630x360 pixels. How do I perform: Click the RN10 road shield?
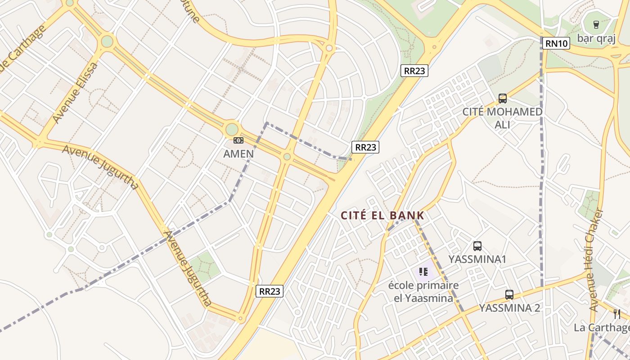pyautogui.click(x=556, y=43)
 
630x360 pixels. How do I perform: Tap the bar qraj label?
pyautogui.click(x=596, y=38)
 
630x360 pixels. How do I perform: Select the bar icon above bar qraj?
pyautogui.click(x=596, y=25)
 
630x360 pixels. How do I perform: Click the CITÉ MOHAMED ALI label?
pyautogui.click(x=503, y=118)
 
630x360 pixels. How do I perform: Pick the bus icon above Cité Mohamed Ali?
pyautogui.click(x=503, y=98)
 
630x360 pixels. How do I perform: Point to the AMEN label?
pyautogui.click(x=238, y=153)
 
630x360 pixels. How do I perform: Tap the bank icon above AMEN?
pyautogui.click(x=238, y=141)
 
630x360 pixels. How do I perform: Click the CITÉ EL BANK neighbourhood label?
pyautogui.click(x=382, y=216)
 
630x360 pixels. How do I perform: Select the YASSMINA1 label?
pyautogui.click(x=477, y=259)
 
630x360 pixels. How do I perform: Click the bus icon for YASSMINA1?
pyautogui.click(x=477, y=246)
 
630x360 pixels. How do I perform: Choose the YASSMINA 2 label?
pyautogui.click(x=509, y=308)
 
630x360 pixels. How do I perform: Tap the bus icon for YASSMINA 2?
pyautogui.click(x=509, y=295)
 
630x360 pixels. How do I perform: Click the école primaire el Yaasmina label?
pyautogui.click(x=423, y=292)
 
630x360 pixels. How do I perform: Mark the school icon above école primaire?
pyautogui.click(x=423, y=271)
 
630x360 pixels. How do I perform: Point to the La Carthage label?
pyautogui.click(x=602, y=327)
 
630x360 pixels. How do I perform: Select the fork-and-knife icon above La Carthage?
pyautogui.click(x=617, y=314)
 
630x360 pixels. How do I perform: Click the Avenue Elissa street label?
pyautogui.click(x=75, y=93)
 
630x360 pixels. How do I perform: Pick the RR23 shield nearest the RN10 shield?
pyautogui.click(x=414, y=71)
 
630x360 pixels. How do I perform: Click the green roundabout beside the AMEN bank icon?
pyautogui.click(x=232, y=130)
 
